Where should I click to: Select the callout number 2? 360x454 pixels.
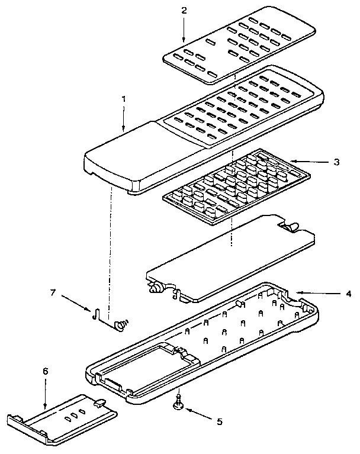(184, 10)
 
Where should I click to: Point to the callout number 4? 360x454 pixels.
(348, 293)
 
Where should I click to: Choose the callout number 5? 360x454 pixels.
(219, 422)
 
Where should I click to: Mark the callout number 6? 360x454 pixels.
(46, 371)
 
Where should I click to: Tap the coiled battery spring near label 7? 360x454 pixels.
(123, 324)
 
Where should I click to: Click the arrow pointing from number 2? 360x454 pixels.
(184, 30)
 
